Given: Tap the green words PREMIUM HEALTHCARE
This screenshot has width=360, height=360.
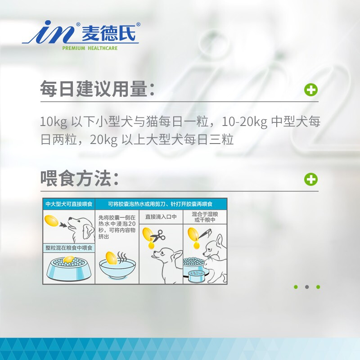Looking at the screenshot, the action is point(90,48).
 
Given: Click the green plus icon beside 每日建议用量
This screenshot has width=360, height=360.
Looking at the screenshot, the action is point(311,90).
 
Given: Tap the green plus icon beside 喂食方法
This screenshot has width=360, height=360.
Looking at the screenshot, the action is point(311,179).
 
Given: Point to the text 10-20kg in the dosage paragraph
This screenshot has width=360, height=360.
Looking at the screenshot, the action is point(244,121).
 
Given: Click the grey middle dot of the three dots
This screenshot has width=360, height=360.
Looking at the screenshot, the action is point(307,287).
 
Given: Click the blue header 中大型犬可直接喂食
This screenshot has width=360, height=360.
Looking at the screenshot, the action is point(69,204).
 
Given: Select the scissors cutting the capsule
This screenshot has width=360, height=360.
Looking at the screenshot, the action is point(157,236).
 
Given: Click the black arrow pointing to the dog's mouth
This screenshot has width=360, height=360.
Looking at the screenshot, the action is point(63,225).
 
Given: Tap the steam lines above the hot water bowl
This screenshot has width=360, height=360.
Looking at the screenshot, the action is point(122,257).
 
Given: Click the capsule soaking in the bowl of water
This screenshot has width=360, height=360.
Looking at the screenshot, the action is point(112,258).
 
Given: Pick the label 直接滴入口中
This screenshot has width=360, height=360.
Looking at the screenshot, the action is point(161,216).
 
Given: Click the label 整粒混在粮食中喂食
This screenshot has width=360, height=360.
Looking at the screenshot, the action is point(69,248).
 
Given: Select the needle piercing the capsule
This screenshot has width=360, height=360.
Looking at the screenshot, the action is point(204,234).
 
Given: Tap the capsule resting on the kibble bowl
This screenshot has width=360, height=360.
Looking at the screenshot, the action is point(69,260).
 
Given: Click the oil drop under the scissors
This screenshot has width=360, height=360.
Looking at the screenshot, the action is point(151,245).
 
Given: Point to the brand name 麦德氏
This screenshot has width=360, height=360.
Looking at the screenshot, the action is point(108,33).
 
